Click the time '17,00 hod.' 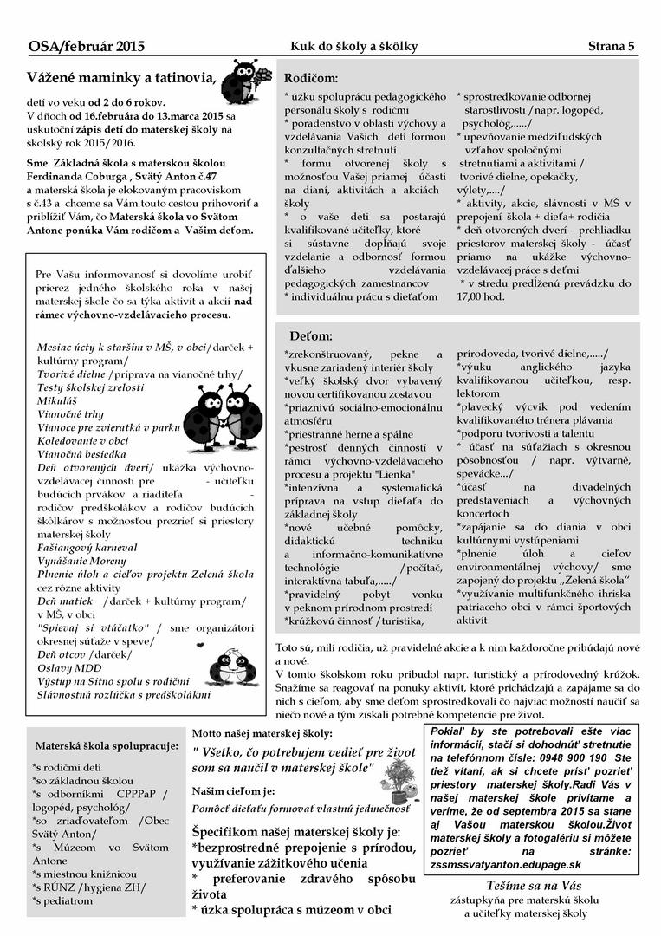480,296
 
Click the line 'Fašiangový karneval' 87,548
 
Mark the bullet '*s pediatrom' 63,901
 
